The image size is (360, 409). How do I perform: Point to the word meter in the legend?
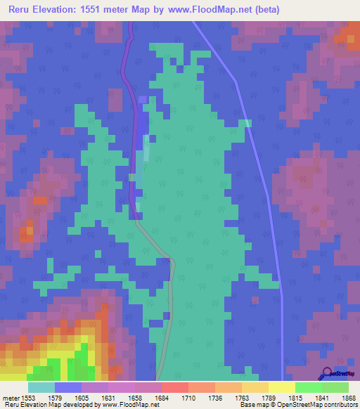click(10, 397)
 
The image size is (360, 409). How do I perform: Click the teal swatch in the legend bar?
click(41, 387)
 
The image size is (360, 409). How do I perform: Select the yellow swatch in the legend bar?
click(281, 387)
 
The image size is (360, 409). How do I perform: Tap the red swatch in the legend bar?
click(174, 387)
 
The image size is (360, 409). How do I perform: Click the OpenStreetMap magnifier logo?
click(327, 372)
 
